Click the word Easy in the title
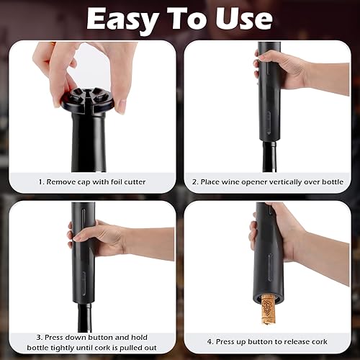tap(122, 19)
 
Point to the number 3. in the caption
tap(40, 338)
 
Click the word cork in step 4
tap(319, 341)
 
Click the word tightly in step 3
tap(62, 348)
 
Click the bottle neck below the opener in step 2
tap(269, 156)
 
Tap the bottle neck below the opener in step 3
tap(85, 318)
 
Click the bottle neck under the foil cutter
tap(89, 143)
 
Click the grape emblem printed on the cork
tap(269, 307)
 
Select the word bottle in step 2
tap(333, 181)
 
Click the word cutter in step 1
tap(135, 181)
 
